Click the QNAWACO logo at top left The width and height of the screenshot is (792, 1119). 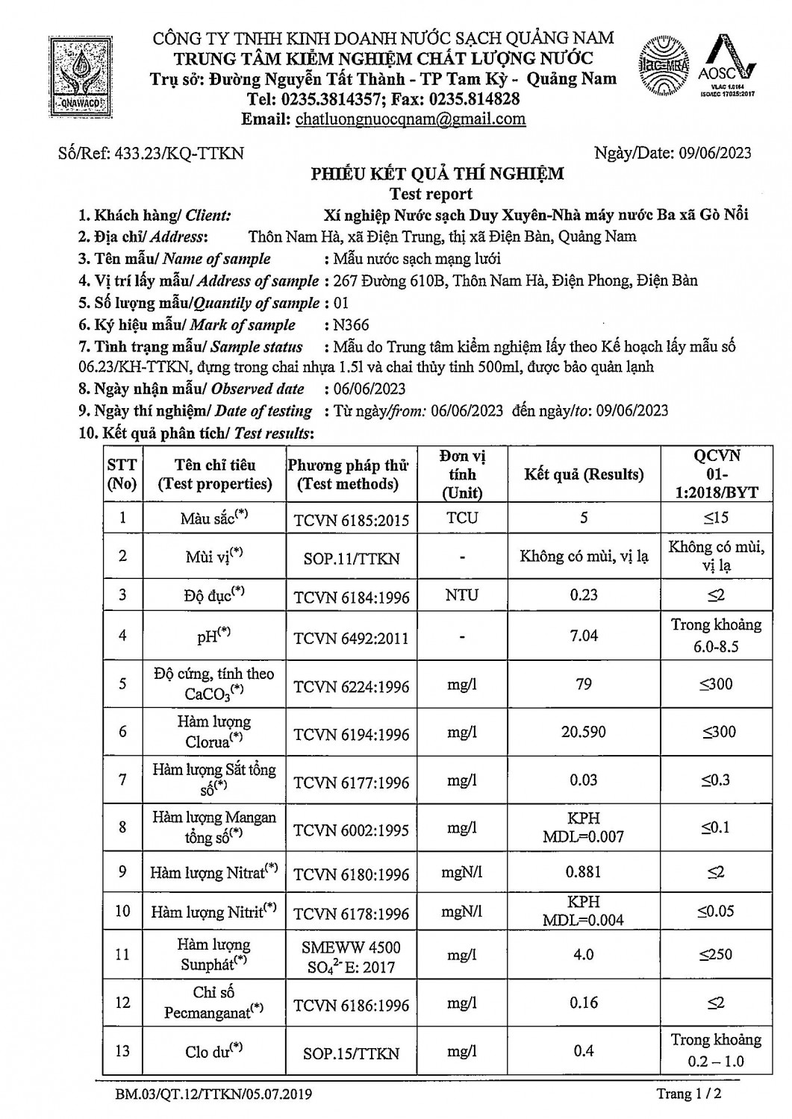click(x=77, y=72)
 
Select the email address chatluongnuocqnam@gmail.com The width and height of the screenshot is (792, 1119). click(x=411, y=119)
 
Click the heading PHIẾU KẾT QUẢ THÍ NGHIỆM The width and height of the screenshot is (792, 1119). click(x=437, y=175)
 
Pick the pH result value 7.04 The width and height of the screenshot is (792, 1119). click(x=584, y=636)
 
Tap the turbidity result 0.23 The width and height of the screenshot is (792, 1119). click(x=584, y=595)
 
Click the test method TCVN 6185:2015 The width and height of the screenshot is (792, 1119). click(x=352, y=519)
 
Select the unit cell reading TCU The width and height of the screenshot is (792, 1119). click(x=462, y=518)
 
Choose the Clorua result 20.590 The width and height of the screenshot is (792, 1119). click(x=584, y=733)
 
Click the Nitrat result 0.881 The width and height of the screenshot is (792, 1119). click(x=584, y=872)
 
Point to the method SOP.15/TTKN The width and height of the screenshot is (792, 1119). click(x=352, y=1053)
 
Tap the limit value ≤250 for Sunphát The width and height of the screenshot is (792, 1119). click(x=716, y=954)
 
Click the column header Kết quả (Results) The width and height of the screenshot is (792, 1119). click(x=584, y=474)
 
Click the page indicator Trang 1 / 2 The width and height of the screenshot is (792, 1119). click(x=689, y=1094)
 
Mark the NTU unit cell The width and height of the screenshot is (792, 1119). click(x=462, y=595)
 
